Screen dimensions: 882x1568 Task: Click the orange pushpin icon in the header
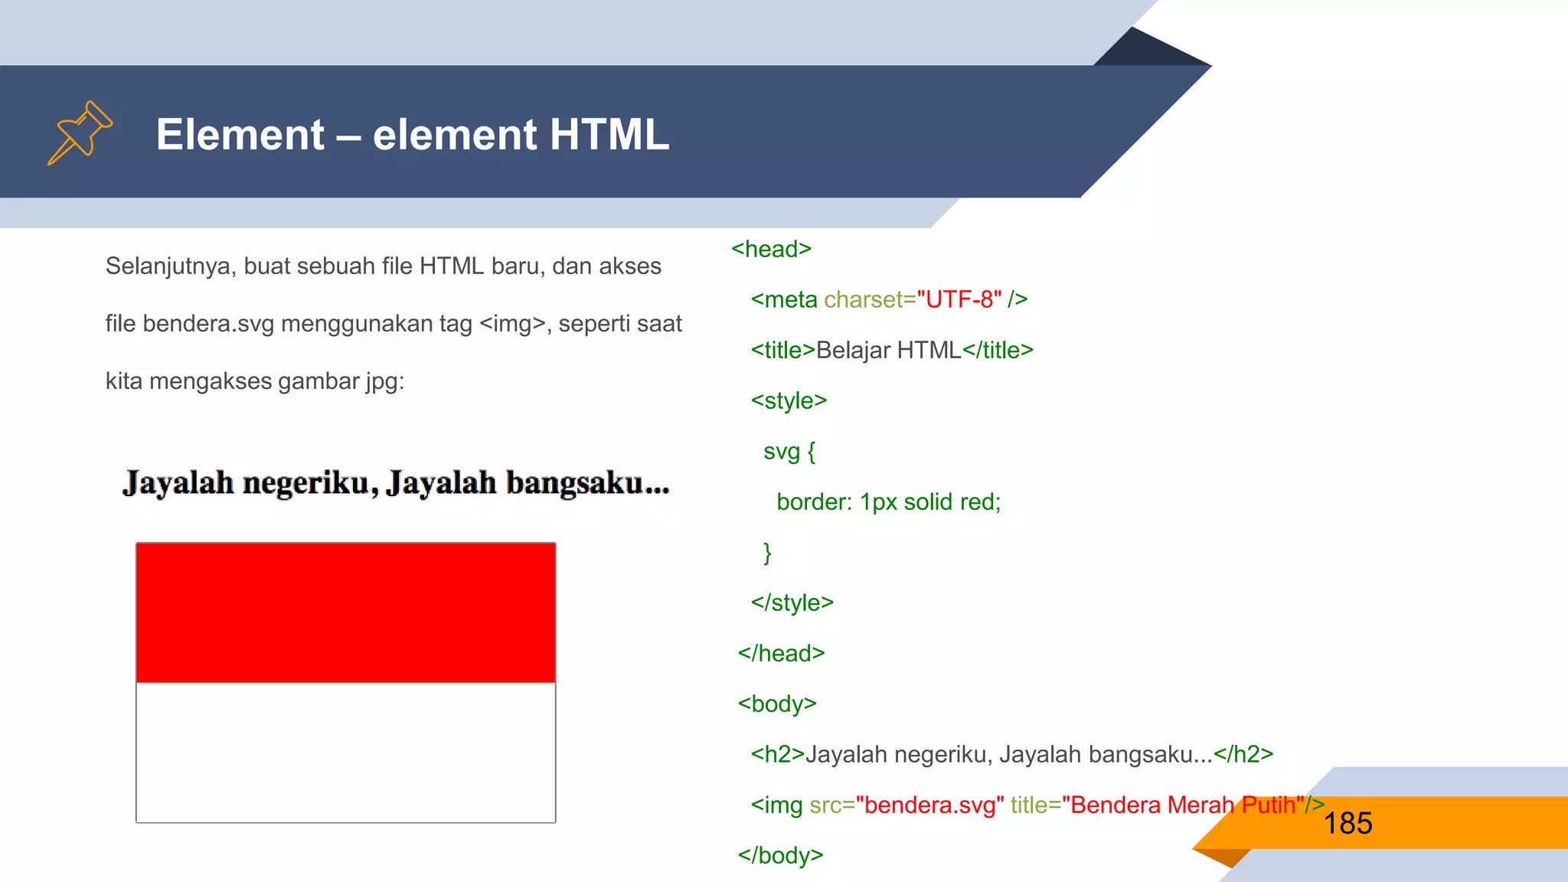pyautogui.click(x=80, y=132)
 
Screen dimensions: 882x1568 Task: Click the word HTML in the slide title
pyautogui.click(x=609, y=135)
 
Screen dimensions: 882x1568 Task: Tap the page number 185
pyautogui.click(x=1347, y=824)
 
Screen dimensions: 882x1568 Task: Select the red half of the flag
pyautogui.click(x=345, y=612)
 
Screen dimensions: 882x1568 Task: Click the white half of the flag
pyautogui.click(x=345, y=752)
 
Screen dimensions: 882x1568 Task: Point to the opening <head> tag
pyautogui.click(x=771, y=250)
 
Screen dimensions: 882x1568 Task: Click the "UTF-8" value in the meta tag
pyautogui.click(x=959, y=300)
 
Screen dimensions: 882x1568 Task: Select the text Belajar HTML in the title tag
pyautogui.click(x=888, y=351)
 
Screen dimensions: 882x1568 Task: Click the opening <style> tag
pyautogui.click(x=789, y=401)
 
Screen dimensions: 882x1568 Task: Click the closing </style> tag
pyautogui.click(x=792, y=603)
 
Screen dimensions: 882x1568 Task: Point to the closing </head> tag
pyautogui.click(x=781, y=654)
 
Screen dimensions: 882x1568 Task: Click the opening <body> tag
pyautogui.click(x=777, y=704)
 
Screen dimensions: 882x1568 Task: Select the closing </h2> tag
pyautogui.click(x=1243, y=755)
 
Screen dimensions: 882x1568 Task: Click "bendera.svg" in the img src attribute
pyautogui.click(x=929, y=805)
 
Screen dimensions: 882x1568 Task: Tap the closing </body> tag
pyautogui.click(x=780, y=856)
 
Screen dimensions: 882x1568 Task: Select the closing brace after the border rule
pyautogui.click(x=767, y=553)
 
